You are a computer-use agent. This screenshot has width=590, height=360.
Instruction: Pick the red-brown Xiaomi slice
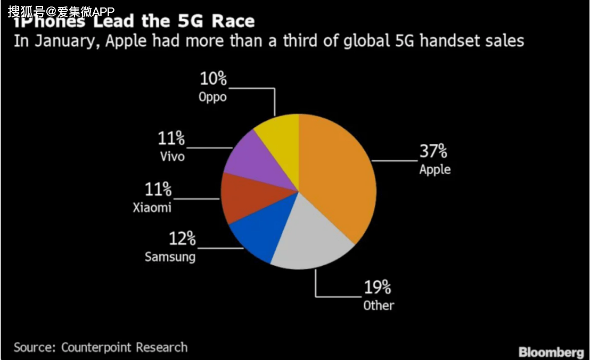click(x=245, y=200)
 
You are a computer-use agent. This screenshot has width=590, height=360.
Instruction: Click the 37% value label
click(x=433, y=152)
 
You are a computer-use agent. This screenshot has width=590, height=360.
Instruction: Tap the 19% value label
click(x=378, y=288)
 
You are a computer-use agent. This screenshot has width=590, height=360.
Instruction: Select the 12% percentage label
click(x=183, y=239)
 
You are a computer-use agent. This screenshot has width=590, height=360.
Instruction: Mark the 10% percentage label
click(x=213, y=79)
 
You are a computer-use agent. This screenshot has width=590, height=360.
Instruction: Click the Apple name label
click(x=435, y=170)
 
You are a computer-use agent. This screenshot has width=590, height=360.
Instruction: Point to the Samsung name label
click(x=170, y=257)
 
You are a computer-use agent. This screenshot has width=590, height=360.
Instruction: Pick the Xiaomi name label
click(x=152, y=207)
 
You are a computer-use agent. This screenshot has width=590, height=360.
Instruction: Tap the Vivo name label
click(x=172, y=157)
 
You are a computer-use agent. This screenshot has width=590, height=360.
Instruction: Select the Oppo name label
click(x=212, y=97)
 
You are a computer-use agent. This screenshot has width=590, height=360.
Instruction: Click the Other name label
click(x=379, y=306)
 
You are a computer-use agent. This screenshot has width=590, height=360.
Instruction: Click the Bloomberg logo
click(x=551, y=352)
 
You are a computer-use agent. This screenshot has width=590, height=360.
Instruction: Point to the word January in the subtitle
click(x=65, y=41)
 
